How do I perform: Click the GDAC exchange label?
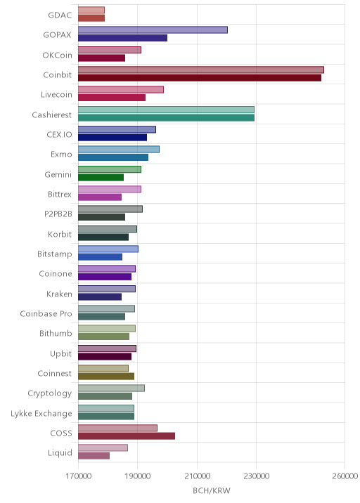(x=60, y=15)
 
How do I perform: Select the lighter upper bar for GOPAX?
(x=153, y=30)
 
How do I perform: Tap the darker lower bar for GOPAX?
(x=122, y=38)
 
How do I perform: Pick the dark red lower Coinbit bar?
(x=200, y=78)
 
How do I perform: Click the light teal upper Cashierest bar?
(x=166, y=110)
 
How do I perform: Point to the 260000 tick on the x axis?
(x=345, y=476)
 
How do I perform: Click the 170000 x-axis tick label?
(x=78, y=476)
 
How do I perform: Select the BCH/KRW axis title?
(x=212, y=490)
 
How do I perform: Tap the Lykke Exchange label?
(x=41, y=414)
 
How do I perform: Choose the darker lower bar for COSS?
(x=127, y=436)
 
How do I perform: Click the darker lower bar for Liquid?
(x=94, y=456)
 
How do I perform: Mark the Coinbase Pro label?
(x=46, y=314)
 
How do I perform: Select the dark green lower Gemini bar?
(x=101, y=178)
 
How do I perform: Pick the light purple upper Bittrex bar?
(x=110, y=189)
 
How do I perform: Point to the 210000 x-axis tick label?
(x=197, y=476)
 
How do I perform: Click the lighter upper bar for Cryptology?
(x=111, y=388)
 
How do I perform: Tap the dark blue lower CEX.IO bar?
(x=112, y=137)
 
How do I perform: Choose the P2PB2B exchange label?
(x=58, y=214)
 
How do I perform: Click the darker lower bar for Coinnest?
(x=106, y=377)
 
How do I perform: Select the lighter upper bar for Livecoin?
(x=121, y=89)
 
